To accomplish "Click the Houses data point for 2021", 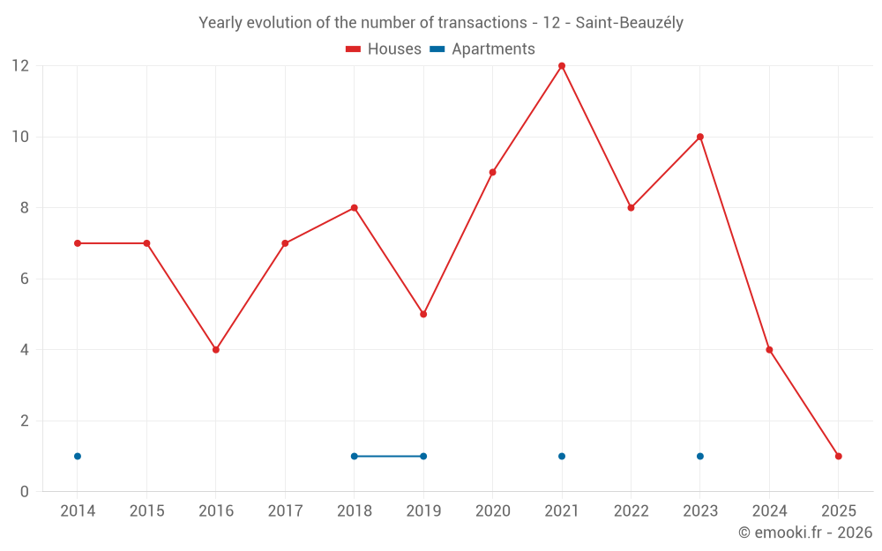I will point(562,66).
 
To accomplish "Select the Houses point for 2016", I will point(216,350).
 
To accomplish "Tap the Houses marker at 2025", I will point(839,456).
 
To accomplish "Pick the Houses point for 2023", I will point(700,137).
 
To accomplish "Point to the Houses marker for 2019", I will point(423,314).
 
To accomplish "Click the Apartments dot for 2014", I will point(78,456).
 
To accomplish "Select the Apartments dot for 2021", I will point(562,456).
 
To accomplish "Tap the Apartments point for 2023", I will point(700,456).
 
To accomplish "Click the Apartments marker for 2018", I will point(355,456).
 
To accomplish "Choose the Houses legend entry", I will point(384,49).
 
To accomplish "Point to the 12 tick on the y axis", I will point(20,66).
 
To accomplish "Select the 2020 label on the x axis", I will point(492,511).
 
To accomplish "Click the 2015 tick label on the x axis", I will point(146,511).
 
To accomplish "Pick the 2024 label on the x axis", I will point(769,511).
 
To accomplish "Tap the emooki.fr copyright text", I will point(805,532).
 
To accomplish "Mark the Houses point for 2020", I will point(493,172).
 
